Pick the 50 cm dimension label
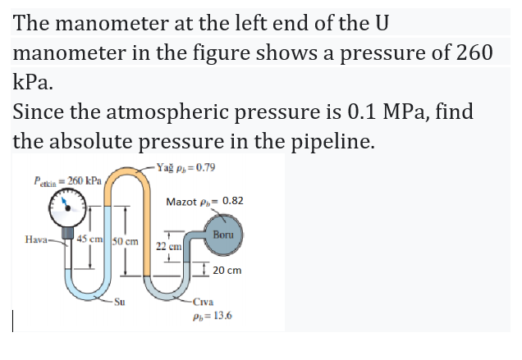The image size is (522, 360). point(125,243)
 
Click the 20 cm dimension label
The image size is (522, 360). point(227,270)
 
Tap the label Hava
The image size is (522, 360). point(34,239)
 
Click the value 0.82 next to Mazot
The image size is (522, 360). point(232,201)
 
